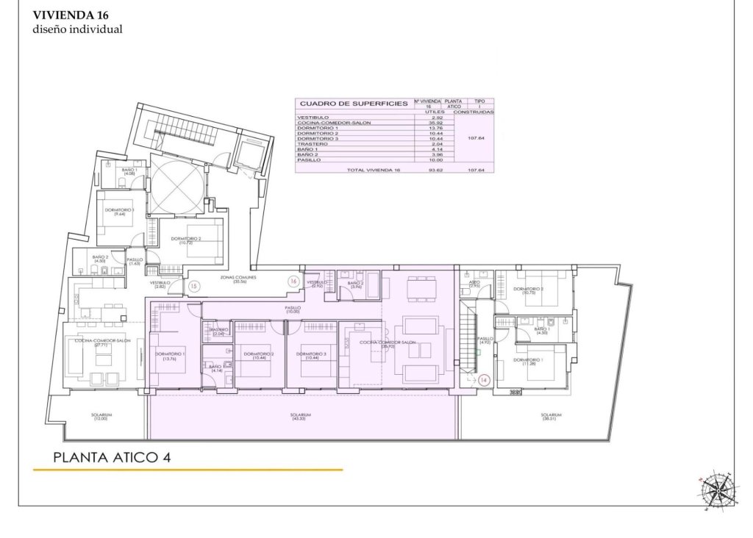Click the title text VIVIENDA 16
click(x=71, y=14)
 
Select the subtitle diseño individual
click(x=77, y=29)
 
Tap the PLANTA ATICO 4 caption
click(x=113, y=456)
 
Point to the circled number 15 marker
click(x=194, y=287)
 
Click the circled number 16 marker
click(x=293, y=281)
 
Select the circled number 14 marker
click(x=483, y=380)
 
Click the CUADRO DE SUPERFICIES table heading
click(x=352, y=104)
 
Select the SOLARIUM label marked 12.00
click(x=100, y=416)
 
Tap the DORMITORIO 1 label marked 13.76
click(x=170, y=356)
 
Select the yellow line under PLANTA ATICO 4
click(x=188, y=469)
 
